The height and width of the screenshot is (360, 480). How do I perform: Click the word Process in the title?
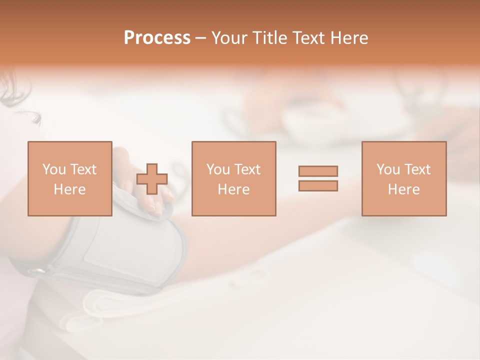[x=157, y=38]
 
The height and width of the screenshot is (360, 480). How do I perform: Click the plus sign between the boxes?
[x=152, y=179]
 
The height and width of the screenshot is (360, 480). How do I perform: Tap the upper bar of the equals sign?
[x=318, y=171]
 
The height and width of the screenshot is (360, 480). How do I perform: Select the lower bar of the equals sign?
[x=318, y=186]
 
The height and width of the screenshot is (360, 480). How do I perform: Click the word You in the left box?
[x=53, y=169]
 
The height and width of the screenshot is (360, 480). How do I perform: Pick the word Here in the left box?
[x=69, y=189]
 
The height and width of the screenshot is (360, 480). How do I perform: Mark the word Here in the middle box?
[x=233, y=189]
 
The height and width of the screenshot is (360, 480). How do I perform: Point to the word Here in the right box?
[x=403, y=189]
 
